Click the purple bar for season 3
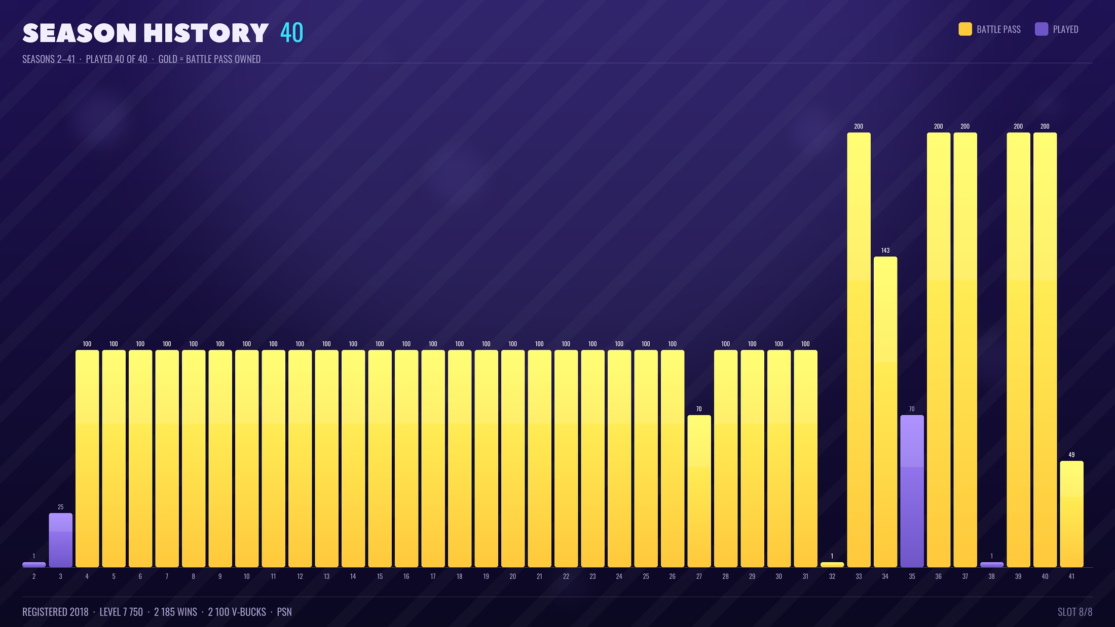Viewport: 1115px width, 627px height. pyautogui.click(x=61, y=540)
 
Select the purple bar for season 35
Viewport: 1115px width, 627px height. pyautogui.click(x=912, y=491)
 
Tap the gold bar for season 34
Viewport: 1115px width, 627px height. pyautogui.click(x=885, y=412)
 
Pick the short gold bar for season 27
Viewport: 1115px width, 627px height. pyautogui.click(x=699, y=491)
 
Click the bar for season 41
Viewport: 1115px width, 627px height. pyautogui.click(x=1071, y=514)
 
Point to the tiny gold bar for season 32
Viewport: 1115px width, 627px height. pyautogui.click(x=832, y=565)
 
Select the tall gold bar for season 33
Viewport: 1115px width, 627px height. pyautogui.click(x=859, y=350)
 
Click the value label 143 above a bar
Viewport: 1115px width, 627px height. pyautogui.click(x=885, y=250)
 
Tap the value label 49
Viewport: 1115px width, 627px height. pyautogui.click(x=1071, y=455)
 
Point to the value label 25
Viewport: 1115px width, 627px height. pyautogui.click(x=61, y=507)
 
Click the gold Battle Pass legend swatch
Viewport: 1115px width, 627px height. pyautogui.click(x=965, y=29)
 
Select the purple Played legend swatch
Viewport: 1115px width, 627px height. pyautogui.click(x=1042, y=29)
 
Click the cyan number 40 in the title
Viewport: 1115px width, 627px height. pyautogui.click(x=292, y=33)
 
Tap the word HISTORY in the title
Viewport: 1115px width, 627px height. pyautogui.click(x=206, y=33)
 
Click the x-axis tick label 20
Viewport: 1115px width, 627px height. pyautogui.click(x=512, y=576)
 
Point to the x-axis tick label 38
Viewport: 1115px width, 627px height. pyautogui.click(x=991, y=576)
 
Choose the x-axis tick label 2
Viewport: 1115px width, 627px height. pyautogui.click(x=34, y=576)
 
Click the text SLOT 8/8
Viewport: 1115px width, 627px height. pyautogui.click(x=1075, y=612)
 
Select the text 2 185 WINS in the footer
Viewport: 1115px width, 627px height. pyautogui.click(x=175, y=612)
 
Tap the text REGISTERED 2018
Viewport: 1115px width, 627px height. pyautogui.click(x=55, y=612)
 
